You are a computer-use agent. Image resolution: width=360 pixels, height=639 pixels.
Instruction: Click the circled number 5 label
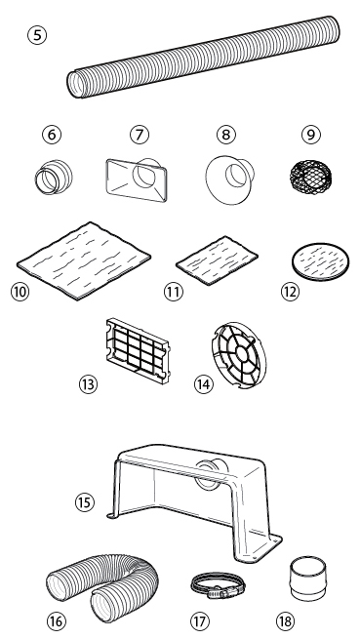[37, 35]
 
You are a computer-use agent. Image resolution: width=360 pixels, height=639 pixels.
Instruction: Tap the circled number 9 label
[310, 134]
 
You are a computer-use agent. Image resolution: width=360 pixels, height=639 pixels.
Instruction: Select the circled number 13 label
[88, 384]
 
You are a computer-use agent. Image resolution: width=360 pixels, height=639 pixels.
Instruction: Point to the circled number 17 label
[199, 621]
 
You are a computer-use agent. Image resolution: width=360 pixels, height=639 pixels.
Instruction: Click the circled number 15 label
[85, 502]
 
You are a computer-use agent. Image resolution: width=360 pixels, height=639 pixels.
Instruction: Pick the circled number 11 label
[174, 292]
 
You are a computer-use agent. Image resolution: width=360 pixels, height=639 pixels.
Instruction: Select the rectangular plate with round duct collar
[137, 180]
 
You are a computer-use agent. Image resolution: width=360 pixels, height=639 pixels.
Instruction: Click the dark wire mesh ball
[310, 178]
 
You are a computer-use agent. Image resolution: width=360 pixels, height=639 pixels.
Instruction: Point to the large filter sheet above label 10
[84, 260]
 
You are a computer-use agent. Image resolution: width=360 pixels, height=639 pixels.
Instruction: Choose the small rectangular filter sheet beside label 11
[217, 260]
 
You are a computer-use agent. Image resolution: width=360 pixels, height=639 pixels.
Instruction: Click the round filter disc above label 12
[321, 261]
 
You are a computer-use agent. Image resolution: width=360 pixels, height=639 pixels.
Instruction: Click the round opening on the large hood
[208, 473]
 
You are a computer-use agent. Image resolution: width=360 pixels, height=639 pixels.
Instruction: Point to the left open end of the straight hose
[75, 84]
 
